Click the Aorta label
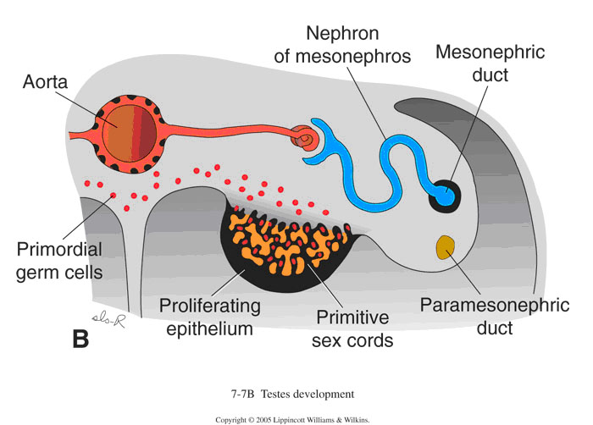pyautogui.click(x=45, y=82)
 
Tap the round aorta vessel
pyautogui.click(x=130, y=133)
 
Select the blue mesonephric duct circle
pyautogui.click(x=445, y=195)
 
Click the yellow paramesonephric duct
pyautogui.click(x=446, y=247)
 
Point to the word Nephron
pyautogui.click(x=342, y=33)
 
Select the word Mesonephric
pyautogui.click(x=490, y=52)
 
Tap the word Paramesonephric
pyautogui.click(x=495, y=305)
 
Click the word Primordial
pyautogui.click(x=60, y=250)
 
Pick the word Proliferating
pyautogui.click(x=210, y=306)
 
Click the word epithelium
pyautogui.click(x=210, y=329)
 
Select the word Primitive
pyautogui.click(x=352, y=317)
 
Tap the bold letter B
pyautogui.click(x=80, y=339)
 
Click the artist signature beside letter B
pyautogui.click(x=108, y=320)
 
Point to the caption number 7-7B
pyautogui.click(x=242, y=394)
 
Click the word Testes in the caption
pyautogui.click(x=275, y=394)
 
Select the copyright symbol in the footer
pyautogui.click(x=251, y=420)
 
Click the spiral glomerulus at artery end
pyautogui.click(x=305, y=139)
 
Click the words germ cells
pyautogui.click(x=59, y=273)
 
